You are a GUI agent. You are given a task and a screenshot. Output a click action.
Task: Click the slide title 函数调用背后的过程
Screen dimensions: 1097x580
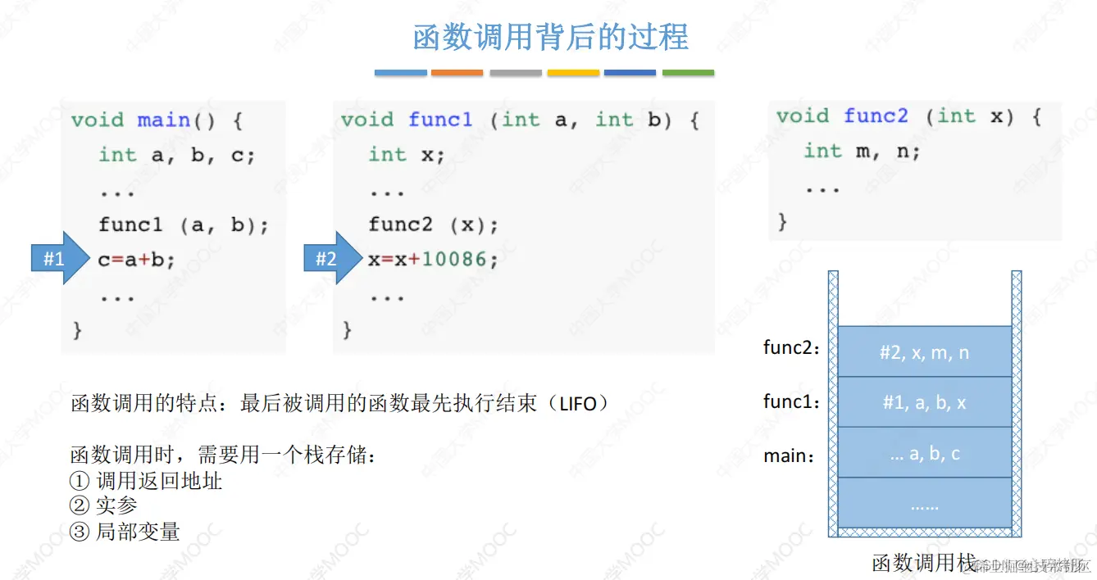(x=550, y=38)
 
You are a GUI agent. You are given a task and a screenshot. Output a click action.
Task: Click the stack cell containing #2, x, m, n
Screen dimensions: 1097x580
(x=924, y=352)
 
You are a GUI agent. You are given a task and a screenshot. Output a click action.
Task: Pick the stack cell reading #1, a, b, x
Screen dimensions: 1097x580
(x=924, y=402)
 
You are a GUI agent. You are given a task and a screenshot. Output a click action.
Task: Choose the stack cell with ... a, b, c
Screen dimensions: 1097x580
(x=924, y=453)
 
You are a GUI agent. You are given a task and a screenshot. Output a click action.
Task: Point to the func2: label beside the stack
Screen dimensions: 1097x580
(x=792, y=348)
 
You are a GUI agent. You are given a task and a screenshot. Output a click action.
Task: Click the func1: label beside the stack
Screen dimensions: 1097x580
(x=792, y=401)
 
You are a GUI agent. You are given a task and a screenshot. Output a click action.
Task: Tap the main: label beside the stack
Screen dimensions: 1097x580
(x=790, y=455)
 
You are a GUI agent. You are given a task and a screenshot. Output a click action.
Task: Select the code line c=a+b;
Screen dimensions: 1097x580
(x=137, y=260)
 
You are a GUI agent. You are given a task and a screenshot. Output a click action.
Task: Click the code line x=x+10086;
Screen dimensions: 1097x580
(x=433, y=260)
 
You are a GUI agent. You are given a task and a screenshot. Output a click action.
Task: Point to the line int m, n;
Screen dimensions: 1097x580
(x=862, y=151)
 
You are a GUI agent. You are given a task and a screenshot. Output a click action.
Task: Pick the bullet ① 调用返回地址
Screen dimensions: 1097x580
(x=147, y=481)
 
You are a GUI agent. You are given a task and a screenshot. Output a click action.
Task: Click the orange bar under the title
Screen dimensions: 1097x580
(x=457, y=73)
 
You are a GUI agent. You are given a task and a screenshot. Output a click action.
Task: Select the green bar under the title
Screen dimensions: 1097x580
(x=688, y=73)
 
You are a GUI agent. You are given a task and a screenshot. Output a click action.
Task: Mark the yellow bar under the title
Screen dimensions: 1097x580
(x=573, y=73)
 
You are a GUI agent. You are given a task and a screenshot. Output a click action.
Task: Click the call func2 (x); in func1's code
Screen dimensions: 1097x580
(x=433, y=224)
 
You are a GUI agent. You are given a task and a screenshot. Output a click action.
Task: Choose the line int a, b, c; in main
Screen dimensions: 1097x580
(x=177, y=155)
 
